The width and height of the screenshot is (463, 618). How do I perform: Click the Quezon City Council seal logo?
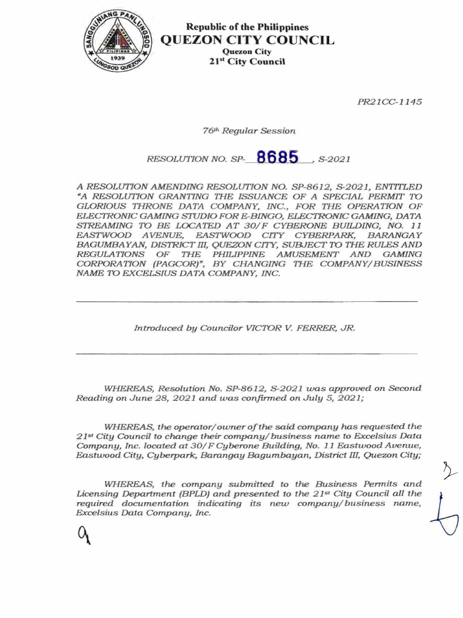pyautogui.click(x=118, y=40)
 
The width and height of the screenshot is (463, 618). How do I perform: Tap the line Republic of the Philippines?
pyautogui.click(x=247, y=27)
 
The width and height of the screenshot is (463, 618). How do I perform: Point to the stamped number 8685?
pyautogui.click(x=277, y=158)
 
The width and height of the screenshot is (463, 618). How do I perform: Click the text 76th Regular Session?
pyautogui.click(x=249, y=130)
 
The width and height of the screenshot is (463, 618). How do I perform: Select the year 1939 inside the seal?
pyautogui.click(x=117, y=60)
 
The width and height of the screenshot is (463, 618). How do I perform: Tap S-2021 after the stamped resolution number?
pyautogui.click(x=333, y=160)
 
